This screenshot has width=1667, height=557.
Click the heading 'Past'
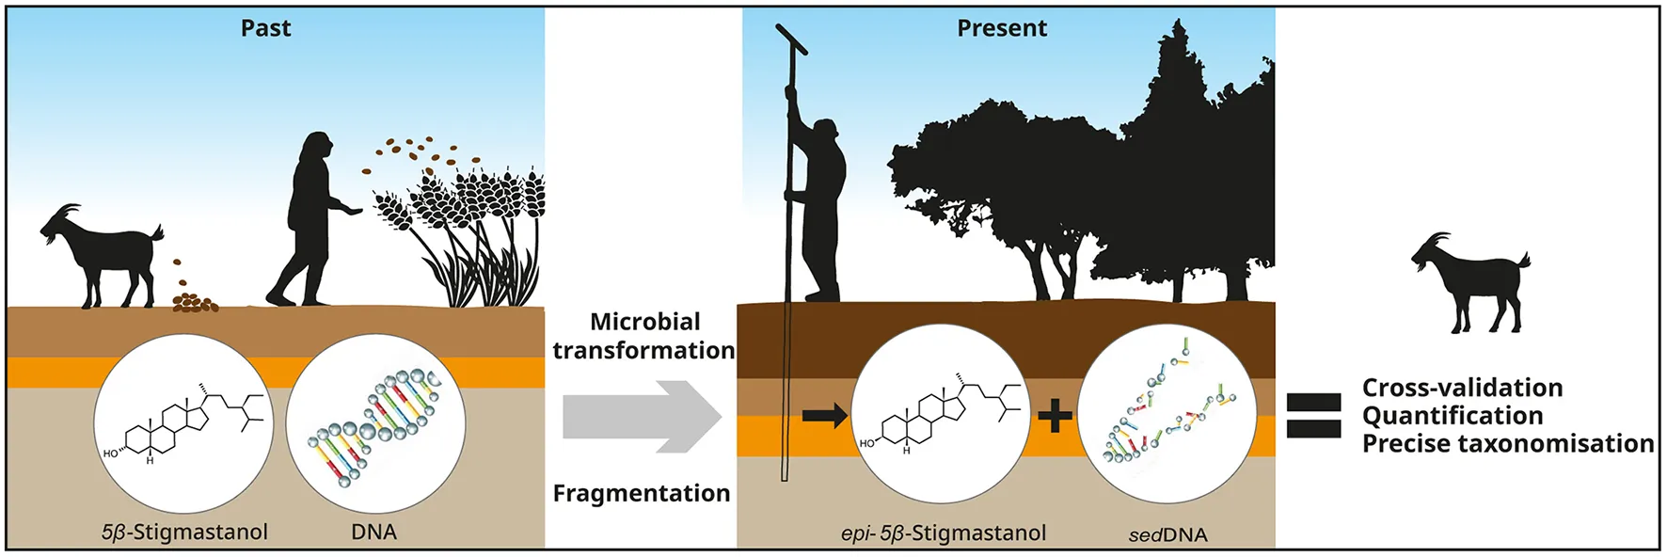265,28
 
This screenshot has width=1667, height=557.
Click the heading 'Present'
1001,28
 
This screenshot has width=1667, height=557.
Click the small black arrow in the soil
824,416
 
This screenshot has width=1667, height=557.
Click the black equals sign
1313,416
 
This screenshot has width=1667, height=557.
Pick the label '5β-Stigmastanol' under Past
184,533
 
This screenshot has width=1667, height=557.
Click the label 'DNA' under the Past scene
373,533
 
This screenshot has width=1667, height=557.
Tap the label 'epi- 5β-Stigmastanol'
943,533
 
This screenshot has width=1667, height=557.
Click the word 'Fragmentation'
642,494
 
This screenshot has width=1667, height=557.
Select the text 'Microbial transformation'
644,336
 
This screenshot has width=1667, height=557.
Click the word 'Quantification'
1453,416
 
